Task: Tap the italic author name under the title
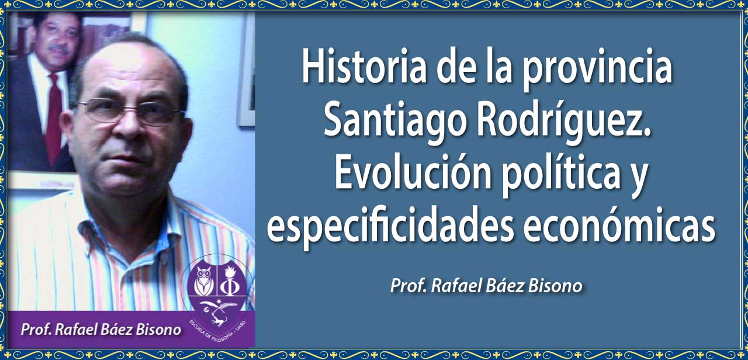[x=486, y=286]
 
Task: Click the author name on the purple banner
[x=101, y=330]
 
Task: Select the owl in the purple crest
[x=204, y=281]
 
